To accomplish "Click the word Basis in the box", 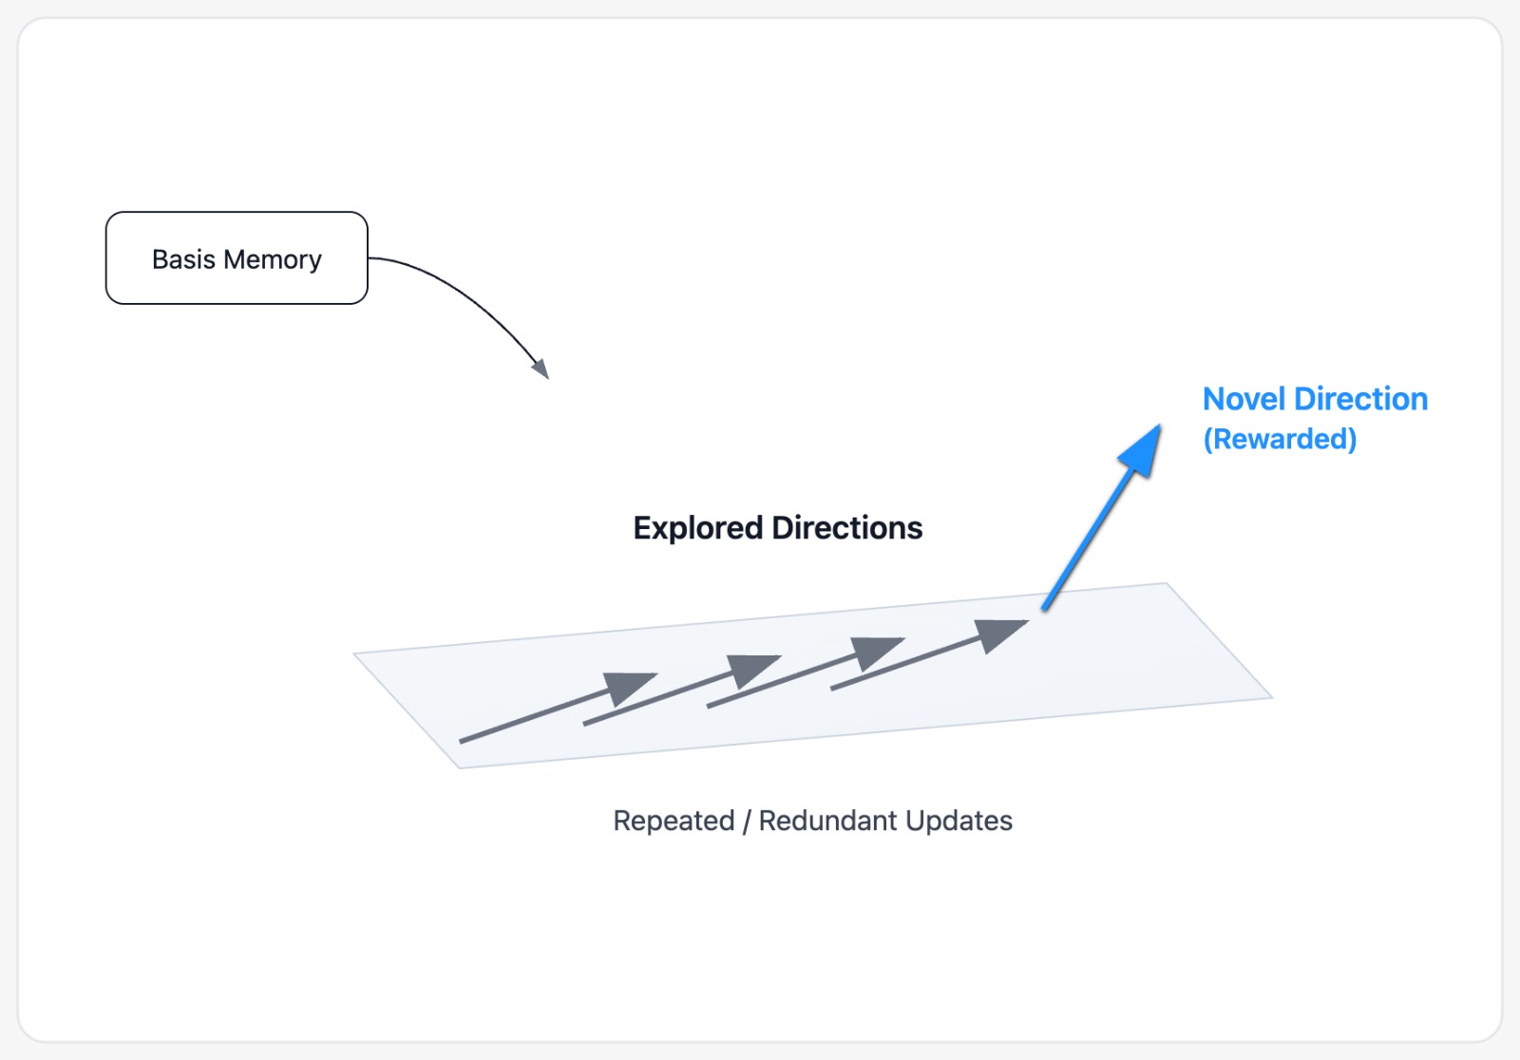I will point(183,259).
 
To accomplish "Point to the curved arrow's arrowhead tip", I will point(547,376).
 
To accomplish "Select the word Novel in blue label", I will point(1244,399).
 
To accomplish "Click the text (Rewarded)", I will point(1280,439).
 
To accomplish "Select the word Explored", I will point(698,528).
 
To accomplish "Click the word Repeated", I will point(674,821).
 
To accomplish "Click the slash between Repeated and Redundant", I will point(747,822).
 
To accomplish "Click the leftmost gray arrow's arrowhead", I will point(629,686).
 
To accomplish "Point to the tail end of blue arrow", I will point(1044,608).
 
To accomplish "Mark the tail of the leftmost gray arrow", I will point(462,740).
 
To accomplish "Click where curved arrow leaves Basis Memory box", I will point(369,257).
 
